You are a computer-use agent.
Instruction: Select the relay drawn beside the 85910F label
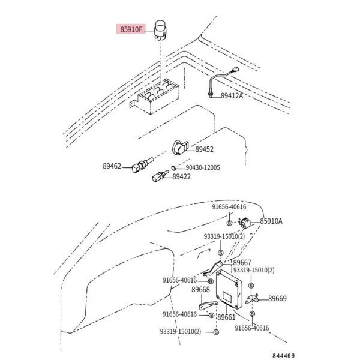pyautogui.click(x=160, y=29)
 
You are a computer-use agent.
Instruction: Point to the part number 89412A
pyautogui.click(x=232, y=95)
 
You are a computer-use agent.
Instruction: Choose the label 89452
pyautogui.click(x=204, y=149)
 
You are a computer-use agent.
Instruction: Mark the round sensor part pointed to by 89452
pyautogui.click(x=179, y=148)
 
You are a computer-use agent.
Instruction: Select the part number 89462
pyautogui.click(x=112, y=166)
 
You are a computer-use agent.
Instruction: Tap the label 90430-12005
pyautogui.click(x=202, y=167)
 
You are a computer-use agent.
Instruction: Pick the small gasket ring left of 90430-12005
pyautogui.click(x=173, y=167)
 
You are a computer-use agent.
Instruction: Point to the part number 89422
pyautogui.click(x=182, y=176)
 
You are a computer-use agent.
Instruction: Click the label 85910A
pyautogui.click(x=271, y=221)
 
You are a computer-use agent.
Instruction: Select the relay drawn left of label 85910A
pyautogui.click(x=247, y=223)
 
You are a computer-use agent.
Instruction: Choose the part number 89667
pyautogui.click(x=242, y=262)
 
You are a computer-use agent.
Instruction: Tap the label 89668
pyautogui.click(x=200, y=290)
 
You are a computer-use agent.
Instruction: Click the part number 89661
pyautogui.click(x=226, y=317)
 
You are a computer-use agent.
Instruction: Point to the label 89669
pyautogui.click(x=277, y=298)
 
